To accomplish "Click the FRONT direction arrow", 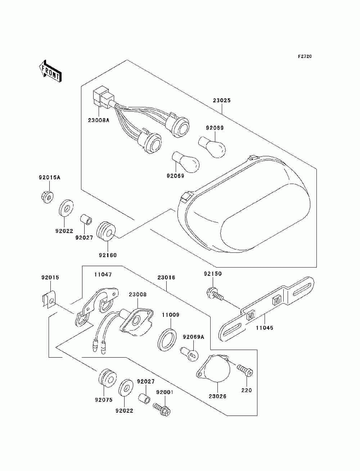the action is click(50, 71).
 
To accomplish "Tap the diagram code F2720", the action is click(305, 57).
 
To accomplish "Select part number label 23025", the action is click(222, 100).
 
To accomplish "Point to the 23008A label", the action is click(99, 120).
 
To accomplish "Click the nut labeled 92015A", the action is click(47, 197).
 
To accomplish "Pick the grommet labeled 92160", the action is click(107, 232).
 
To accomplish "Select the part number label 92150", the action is click(213, 274).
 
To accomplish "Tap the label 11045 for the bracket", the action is click(264, 328).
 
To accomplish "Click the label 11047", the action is click(103, 274).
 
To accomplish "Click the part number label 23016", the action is click(166, 277).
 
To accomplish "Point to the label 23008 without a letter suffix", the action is click(138, 295).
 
